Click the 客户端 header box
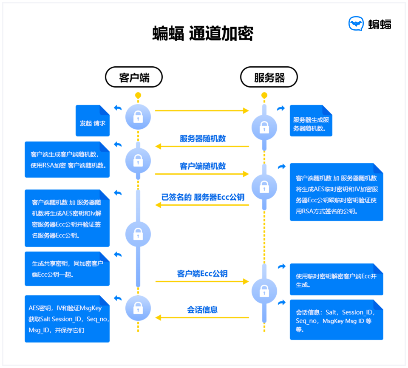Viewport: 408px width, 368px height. (134, 77)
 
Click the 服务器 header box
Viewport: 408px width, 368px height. (269, 77)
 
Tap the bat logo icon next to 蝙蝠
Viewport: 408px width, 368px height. (356, 24)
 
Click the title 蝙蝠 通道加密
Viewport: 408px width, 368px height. (203, 34)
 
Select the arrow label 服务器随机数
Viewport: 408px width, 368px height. (203, 139)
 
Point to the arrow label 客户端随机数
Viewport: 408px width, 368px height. (203, 166)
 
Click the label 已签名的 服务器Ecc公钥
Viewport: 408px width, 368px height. (203, 197)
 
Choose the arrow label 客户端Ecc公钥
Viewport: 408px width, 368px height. (202, 274)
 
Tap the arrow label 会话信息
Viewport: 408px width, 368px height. (202, 309)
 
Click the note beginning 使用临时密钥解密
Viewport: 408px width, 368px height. (336, 280)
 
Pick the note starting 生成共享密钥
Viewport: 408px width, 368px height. (67, 269)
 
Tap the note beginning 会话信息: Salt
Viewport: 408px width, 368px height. (336, 320)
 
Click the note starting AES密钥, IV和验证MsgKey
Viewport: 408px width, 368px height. (67, 319)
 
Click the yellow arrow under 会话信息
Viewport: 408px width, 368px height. (202, 317)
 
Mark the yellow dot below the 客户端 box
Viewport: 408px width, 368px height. (138, 95)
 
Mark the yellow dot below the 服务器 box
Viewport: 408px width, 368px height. (264, 95)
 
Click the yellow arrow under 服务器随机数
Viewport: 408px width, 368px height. (202, 147)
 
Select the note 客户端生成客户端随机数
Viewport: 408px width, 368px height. (67, 159)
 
